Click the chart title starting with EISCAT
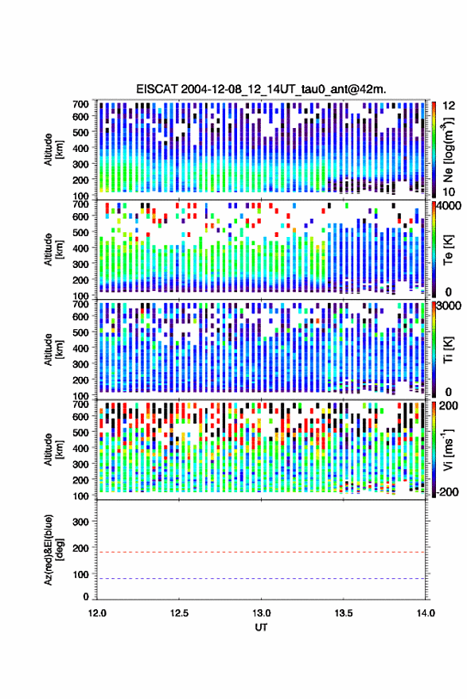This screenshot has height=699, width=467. [261, 89]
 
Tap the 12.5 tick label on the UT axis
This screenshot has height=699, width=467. [179, 613]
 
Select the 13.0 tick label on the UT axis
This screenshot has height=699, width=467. [261, 613]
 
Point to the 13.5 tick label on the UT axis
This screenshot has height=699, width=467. [343, 613]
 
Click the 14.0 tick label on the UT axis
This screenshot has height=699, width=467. [426, 613]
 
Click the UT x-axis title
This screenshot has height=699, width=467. [261, 627]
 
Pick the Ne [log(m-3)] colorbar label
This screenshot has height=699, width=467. [448, 150]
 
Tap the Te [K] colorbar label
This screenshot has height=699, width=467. [448, 250]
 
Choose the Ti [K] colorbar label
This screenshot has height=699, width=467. [448, 350]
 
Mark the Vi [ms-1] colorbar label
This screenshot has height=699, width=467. [448, 449]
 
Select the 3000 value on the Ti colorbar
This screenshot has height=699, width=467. [449, 305]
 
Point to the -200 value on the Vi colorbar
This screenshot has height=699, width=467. [447, 491]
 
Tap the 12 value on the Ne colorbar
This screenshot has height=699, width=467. [449, 106]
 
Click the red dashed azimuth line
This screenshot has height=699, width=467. [261, 552]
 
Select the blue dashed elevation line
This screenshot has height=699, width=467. [261, 578]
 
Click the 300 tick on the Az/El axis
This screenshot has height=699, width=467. [80, 522]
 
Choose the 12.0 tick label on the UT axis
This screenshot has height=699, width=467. [97, 613]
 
